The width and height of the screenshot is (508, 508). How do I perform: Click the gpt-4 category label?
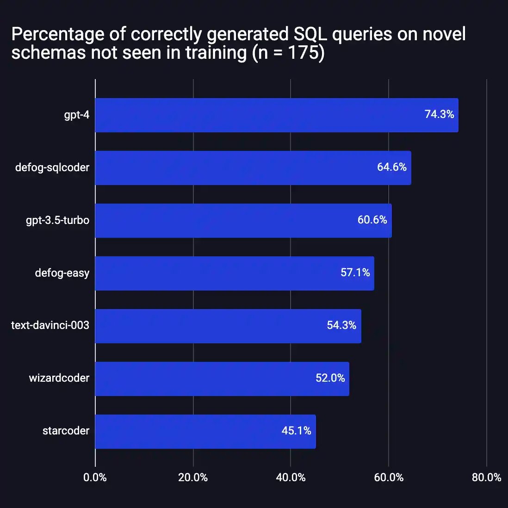76,115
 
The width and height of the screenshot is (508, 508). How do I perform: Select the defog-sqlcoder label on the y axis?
52,167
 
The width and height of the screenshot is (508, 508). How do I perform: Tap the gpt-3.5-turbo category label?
57,220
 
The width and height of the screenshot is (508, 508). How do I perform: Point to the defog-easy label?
62,273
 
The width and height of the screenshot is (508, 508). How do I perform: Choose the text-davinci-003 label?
50,325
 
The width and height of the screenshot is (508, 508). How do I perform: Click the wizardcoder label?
59,378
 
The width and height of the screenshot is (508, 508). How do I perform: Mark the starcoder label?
66,431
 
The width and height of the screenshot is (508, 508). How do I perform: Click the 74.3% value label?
439,114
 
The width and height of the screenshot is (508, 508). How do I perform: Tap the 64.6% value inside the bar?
391,167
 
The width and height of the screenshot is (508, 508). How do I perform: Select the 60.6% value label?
372,220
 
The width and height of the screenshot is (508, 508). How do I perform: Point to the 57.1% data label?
355,273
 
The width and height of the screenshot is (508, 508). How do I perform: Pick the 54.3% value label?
341,325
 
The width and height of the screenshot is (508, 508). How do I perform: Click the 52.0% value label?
330,378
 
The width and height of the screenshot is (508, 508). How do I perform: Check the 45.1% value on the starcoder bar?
296,431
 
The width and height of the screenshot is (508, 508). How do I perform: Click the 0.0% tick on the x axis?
95,477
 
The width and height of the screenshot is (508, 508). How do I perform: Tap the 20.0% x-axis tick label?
193,477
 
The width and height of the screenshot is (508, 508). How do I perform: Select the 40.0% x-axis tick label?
291,477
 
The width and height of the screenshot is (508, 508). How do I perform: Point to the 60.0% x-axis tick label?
389,477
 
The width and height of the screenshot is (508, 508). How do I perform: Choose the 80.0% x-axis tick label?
486,477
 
